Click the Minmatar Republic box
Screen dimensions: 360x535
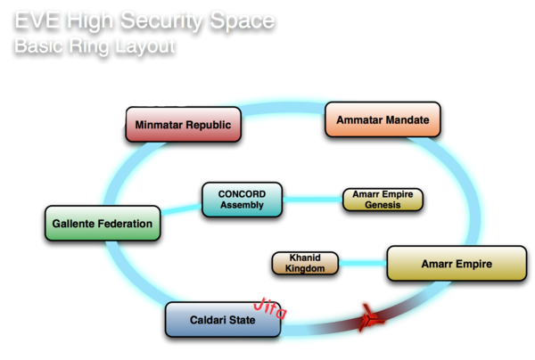[x=184, y=125]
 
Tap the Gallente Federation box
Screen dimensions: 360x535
[x=103, y=223]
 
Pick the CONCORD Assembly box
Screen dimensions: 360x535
[x=242, y=200]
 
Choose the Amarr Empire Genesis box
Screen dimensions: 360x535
[x=383, y=200]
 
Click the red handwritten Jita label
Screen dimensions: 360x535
[x=275, y=307]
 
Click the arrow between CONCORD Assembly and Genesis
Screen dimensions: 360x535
[x=312, y=200]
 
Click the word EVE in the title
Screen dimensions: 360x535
[x=38, y=18]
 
